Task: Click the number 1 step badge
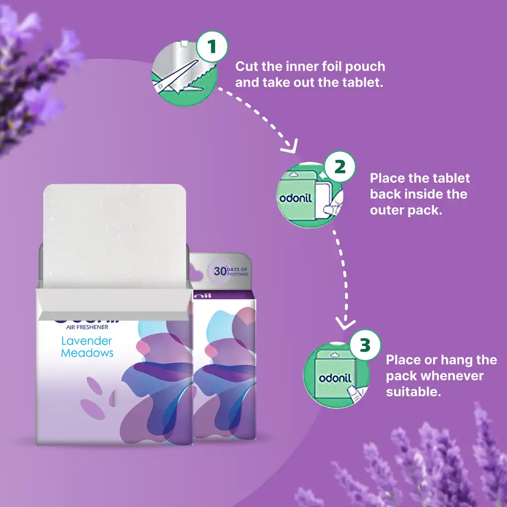pyautogui.click(x=212, y=47)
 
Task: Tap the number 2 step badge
pyautogui.click(x=340, y=166)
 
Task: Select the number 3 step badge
pyautogui.click(x=365, y=345)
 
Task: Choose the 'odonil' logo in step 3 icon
pyautogui.click(x=335, y=378)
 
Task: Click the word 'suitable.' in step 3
pyautogui.click(x=413, y=392)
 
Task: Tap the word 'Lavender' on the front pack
pyautogui.click(x=87, y=341)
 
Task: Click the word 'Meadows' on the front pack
pyautogui.click(x=87, y=353)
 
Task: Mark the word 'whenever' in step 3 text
pyautogui.click(x=452, y=376)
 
